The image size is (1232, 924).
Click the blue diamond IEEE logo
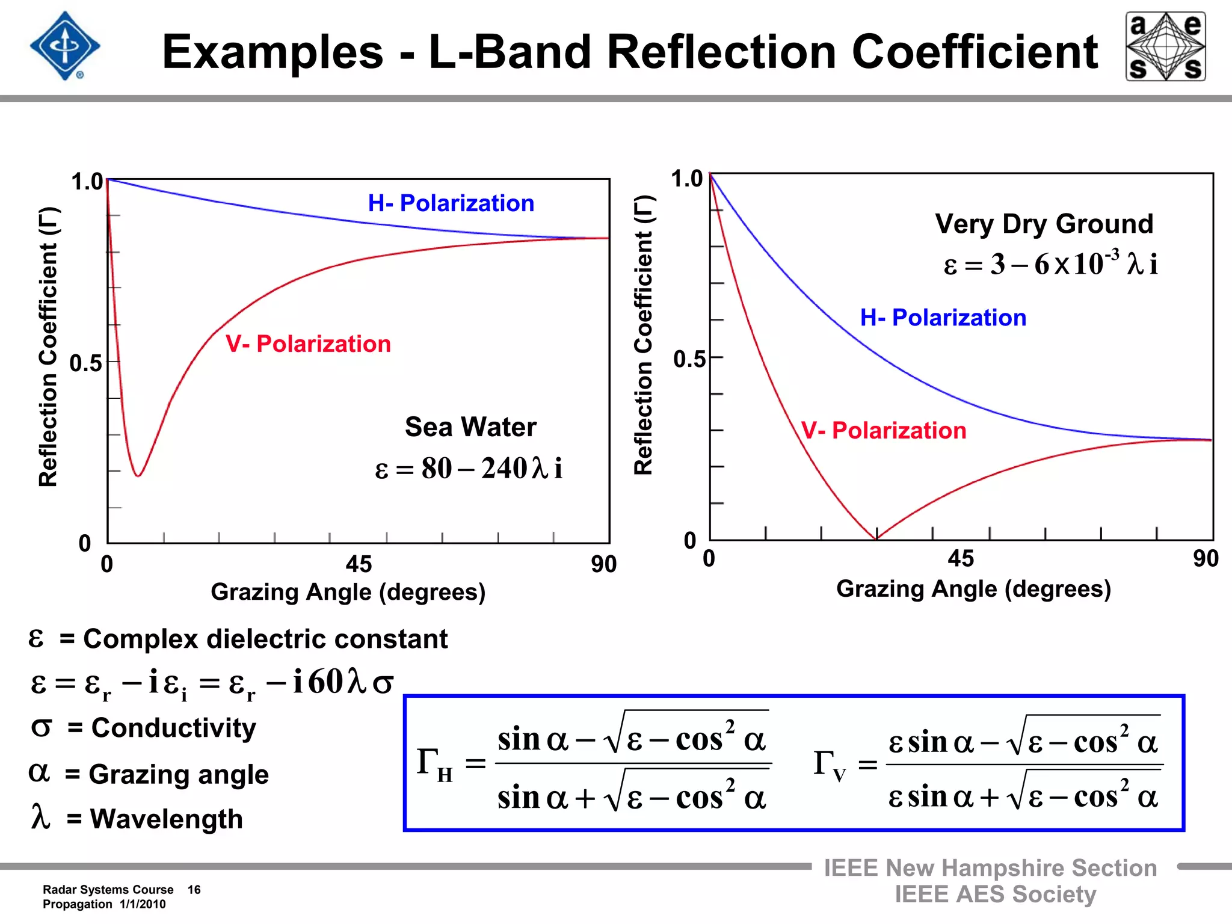pos(65,46)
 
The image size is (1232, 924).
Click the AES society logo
pos(1165,46)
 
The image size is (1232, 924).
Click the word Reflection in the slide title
pos(721,52)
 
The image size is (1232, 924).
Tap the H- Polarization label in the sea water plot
pos(451,203)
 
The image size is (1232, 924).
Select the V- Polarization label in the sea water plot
pos(308,344)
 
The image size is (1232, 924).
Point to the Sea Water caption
pos(470,427)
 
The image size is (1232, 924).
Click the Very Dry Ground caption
pos(1044,224)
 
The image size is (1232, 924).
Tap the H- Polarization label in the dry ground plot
pos(943,318)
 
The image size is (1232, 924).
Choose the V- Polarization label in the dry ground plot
pos(884,431)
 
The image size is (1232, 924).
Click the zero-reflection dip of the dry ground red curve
pos(876,538)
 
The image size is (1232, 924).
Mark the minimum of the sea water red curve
pos(138,476)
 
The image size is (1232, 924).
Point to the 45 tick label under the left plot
pos(359,564)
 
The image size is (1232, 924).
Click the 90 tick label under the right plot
pos(1206,559)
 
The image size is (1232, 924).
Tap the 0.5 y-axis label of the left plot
pos(85,363)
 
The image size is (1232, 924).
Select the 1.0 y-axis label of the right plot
pos(686,179)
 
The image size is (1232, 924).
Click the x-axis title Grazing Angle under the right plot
pos(973,588)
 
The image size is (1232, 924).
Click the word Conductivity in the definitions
pos(173,728)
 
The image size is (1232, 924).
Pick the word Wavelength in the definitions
pos(167,819)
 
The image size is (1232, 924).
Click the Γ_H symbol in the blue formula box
pos(434,765)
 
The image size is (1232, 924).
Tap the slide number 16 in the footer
pos(194,890)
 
